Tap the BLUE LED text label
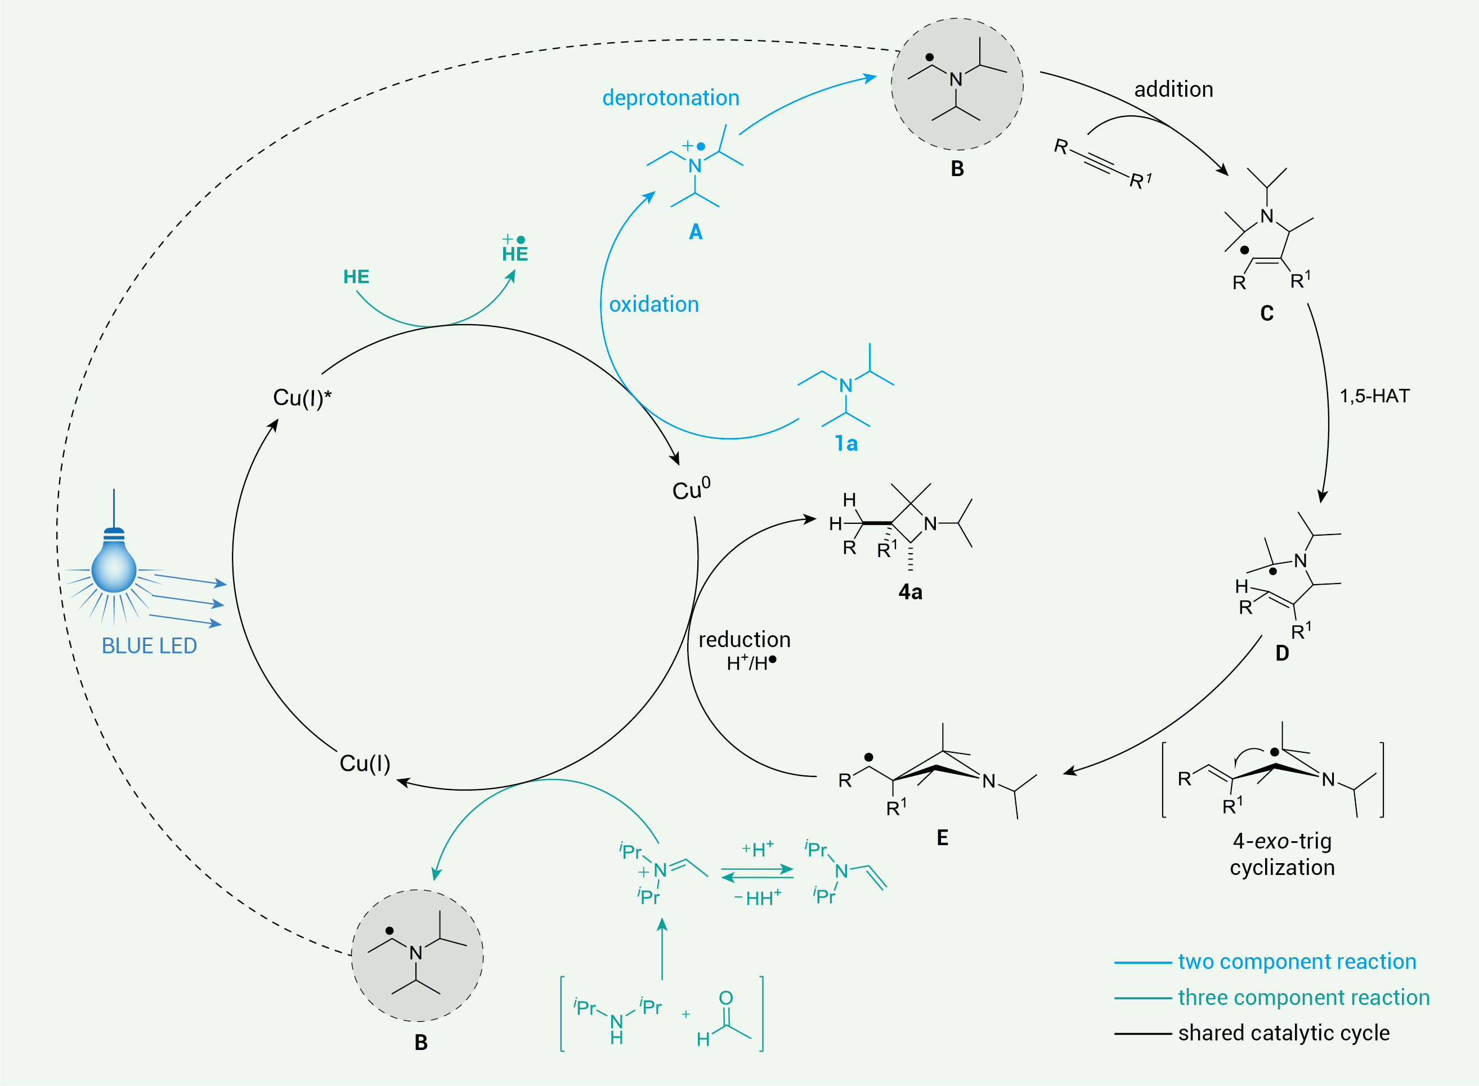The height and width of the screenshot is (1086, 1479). coord(149,646)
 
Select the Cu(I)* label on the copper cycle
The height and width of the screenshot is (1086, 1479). coord(302,398)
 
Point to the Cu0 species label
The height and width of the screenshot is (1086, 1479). coord(691,489)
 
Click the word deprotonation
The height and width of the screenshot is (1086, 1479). coord(670,98)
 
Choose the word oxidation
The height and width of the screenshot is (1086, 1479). coord(654,304)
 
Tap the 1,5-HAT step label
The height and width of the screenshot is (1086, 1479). coord(1375,396)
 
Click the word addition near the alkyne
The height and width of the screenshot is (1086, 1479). coord(1174,89)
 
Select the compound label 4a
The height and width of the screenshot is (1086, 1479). coord(911,593)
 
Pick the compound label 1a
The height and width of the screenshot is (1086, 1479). coord(846,444)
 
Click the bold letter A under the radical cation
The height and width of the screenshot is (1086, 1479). coord(696,232)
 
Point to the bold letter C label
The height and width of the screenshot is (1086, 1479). coord(1267,313)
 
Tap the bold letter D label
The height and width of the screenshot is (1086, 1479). coord(1282,653)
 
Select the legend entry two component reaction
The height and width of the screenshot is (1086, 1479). coord(1297,962)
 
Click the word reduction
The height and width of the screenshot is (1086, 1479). coord(744,640)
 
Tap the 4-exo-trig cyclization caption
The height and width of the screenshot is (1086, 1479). coord(1283,854)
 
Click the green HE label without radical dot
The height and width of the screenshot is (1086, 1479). coord(356,277)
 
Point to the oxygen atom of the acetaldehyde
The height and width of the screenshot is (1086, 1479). coord(725,998)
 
